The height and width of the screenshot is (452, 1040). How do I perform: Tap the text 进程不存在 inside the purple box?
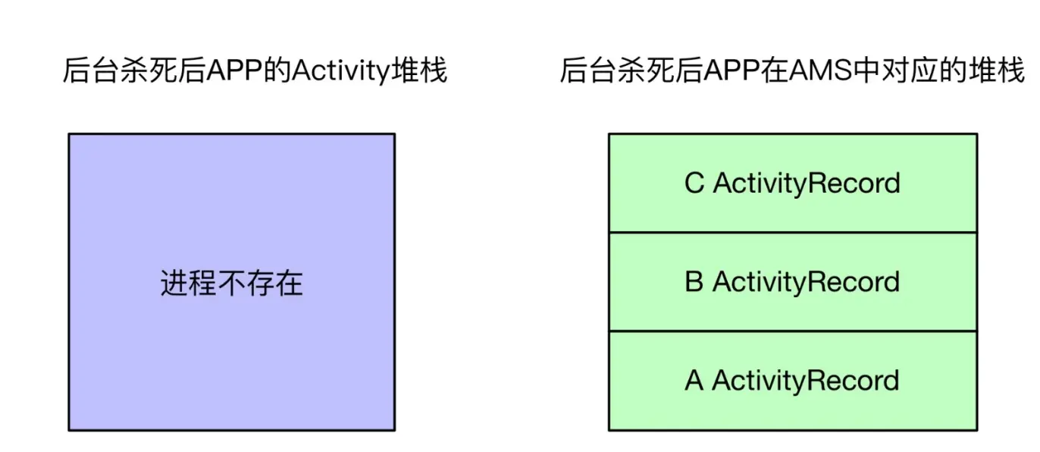coord(231,284)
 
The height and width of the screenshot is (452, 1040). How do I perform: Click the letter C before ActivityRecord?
coord(694,184)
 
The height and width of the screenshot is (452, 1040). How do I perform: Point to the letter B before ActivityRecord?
coord(694,282)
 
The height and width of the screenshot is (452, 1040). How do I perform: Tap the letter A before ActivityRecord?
coord(694,381)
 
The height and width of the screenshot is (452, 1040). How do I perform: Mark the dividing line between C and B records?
coord(792,232)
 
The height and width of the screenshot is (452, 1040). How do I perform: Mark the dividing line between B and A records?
coord(792,331)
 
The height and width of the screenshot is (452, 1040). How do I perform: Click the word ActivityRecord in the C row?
coord(807,184)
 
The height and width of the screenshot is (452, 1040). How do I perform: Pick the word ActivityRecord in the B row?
coord(807,282)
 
